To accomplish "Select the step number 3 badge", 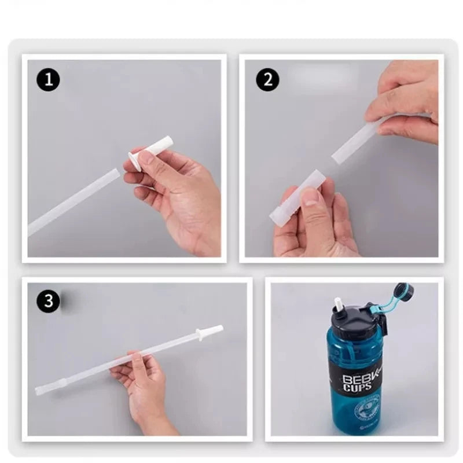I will pos(49,300).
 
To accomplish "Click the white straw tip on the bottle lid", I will pos(337,306).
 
